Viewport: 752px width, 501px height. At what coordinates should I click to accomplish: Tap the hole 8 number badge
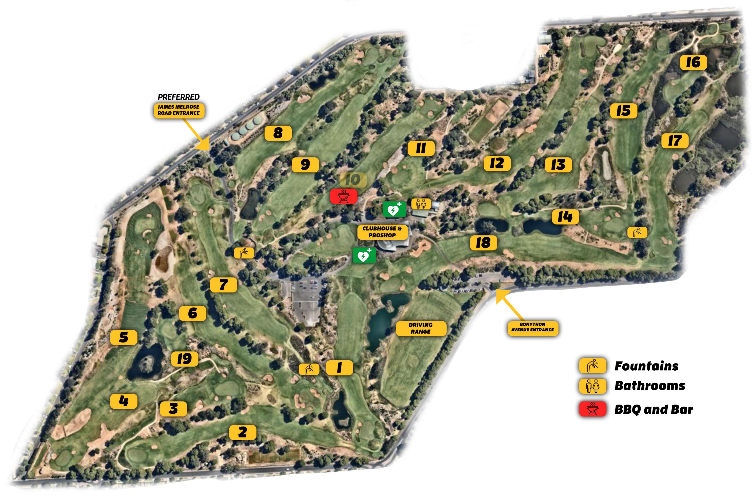278,133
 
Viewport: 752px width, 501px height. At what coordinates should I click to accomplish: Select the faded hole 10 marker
353,179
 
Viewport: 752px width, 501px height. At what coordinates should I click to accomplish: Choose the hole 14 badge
565,217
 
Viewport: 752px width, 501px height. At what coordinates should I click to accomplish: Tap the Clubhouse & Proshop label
382,232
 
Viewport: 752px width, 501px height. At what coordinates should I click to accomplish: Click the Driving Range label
421,328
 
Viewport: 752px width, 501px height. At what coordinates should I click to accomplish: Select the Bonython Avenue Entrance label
532,327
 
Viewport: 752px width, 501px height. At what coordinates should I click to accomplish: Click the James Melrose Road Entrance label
179,110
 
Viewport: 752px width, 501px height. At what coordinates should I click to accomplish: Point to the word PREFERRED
179,97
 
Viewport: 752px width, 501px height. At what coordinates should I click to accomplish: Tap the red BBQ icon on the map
344,196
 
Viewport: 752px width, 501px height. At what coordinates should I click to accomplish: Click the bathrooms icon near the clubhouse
421,204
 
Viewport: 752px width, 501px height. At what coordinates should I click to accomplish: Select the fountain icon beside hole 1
308,369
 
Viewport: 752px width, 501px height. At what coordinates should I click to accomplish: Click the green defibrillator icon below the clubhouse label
364,255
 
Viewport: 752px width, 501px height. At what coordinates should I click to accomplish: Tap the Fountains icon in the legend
592,366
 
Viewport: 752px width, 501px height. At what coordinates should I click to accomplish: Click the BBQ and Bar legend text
654,409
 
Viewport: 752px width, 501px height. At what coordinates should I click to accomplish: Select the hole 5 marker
123,337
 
